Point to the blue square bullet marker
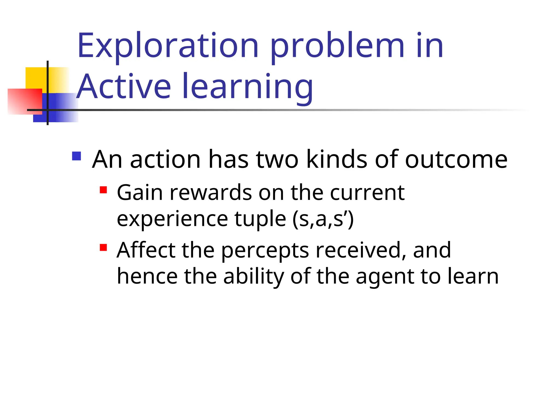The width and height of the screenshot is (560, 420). pyautogui.click(x=77, y=156)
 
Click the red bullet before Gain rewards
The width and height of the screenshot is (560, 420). pyautogui.click(x=103, y=190)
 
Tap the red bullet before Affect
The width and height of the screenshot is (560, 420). pyautogui.click(x=103, y=247)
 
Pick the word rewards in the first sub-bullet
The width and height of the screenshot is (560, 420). pyautogui.click(x=211, y=193)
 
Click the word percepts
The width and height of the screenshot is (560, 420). pyautogui.click(x=265, y=251)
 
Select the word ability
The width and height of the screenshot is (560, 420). pyautogui.click(x=254, y=277)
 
